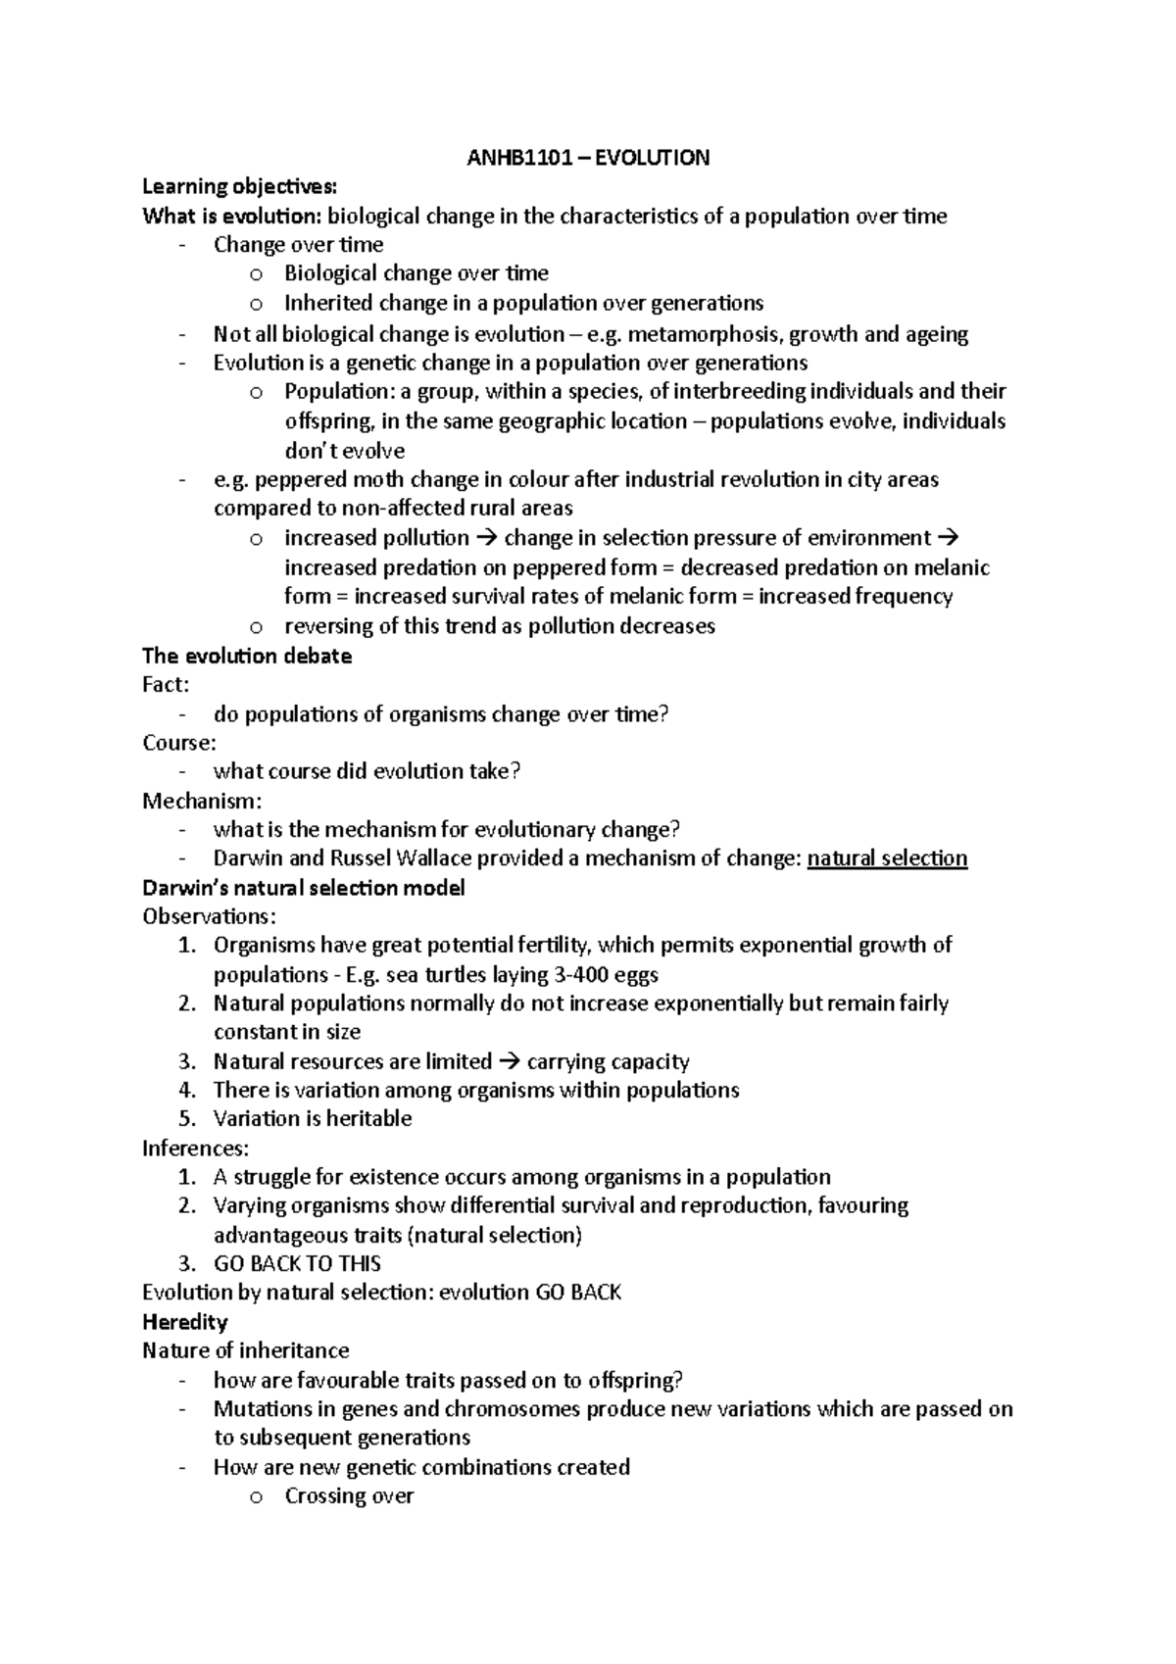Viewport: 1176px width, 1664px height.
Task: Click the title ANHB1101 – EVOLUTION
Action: tap(587, 158)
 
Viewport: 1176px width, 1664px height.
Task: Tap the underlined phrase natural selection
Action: tap(887, 858)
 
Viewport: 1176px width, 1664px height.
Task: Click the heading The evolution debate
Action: tap(247, 656)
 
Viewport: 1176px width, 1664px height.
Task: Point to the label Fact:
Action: tap(166, 685)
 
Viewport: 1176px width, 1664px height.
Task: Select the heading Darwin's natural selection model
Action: tap(303, 888)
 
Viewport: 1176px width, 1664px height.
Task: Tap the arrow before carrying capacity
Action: tap(510, 1062)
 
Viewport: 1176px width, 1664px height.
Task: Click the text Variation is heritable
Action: tap(312, 1119)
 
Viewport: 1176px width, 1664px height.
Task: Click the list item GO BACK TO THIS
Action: tap(297, 1264)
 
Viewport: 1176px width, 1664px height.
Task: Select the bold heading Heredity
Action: tap(184, 1322)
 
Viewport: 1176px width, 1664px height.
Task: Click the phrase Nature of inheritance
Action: tap(245, 1350)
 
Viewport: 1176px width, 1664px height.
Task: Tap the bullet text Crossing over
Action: tap(349, 1496)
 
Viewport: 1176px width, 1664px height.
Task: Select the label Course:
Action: tap(178, 743)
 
